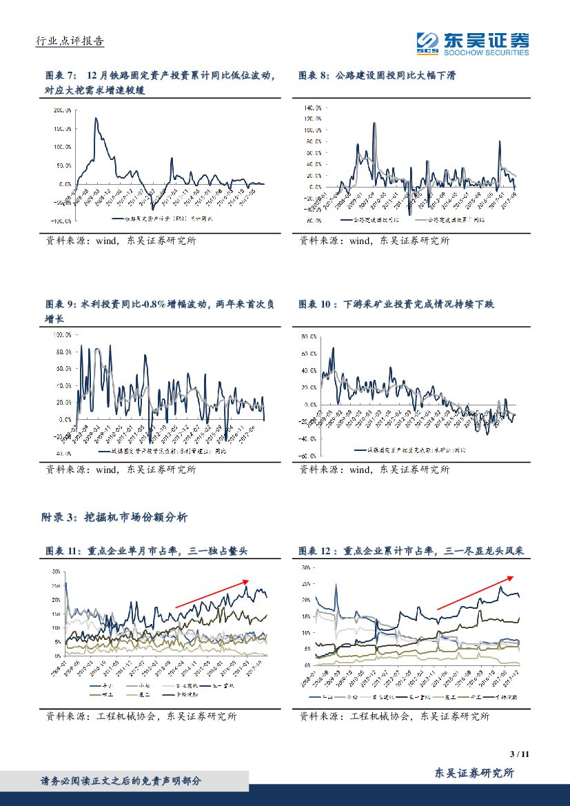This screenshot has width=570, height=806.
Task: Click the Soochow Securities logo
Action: click(x=472, y=44)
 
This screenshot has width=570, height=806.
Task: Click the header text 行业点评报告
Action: click(x=69, y=41)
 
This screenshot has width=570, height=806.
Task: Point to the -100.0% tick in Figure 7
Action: click(x=62, y=221)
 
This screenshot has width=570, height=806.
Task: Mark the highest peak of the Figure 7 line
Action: click(x=96, y=119)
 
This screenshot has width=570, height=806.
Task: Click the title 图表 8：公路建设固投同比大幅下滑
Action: click(x=378, y=75)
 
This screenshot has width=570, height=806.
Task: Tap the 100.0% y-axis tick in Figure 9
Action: click(x=62, y=334)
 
